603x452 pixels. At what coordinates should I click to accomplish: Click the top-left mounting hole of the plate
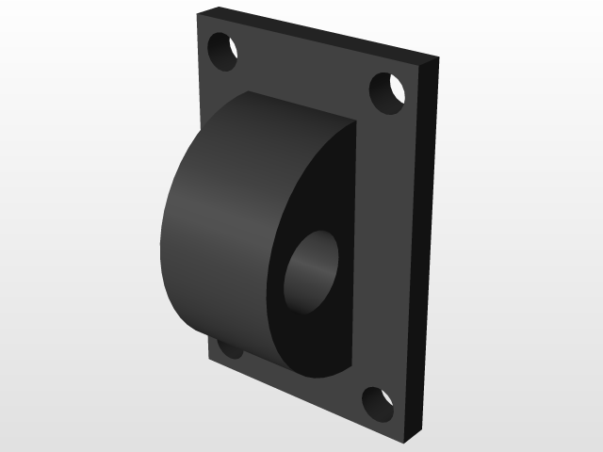(x=221, y=51)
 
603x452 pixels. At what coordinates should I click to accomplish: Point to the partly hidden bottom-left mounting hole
(x=229, y=350)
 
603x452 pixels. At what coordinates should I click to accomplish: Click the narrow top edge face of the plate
(x=320, y=36)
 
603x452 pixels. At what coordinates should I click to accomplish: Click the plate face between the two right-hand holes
(x=386, y=245)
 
